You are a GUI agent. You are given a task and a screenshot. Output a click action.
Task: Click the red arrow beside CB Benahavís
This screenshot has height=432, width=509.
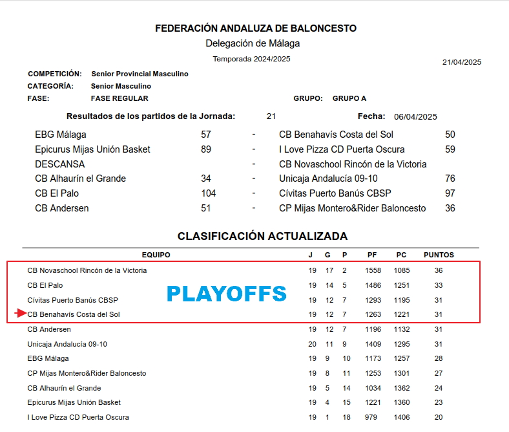pyautogui.click(x=20, y=314)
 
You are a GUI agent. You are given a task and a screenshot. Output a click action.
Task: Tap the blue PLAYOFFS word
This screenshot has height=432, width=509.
pyautogui.click(x=226, y=294)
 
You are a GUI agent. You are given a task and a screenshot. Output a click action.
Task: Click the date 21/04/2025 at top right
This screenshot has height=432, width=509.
pyautogui.click(x=461, y=63)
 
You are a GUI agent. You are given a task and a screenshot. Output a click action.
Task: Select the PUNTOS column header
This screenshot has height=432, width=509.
pyautogui.click(x=439, y=255)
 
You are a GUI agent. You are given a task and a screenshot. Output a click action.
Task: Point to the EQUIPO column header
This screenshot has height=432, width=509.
pyautogui.click(x=156, y=255)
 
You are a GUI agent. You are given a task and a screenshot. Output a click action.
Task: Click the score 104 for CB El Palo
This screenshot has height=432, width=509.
pyautogui.click(x=208, y=193)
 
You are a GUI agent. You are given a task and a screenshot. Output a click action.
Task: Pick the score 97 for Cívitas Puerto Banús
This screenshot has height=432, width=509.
pyautogui.click(x=450, y=193)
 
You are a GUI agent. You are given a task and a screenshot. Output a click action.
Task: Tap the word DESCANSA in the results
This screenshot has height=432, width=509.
pyautogui.click(x=59, y=164)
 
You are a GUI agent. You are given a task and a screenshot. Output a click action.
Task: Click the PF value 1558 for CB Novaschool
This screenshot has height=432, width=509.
pyautogui.click(x=373, y=270)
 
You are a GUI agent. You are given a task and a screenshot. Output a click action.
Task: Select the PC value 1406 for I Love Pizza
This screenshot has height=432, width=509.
pyautogui.click(x=402, y=417)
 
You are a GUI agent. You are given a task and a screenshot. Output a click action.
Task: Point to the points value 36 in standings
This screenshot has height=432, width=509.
pyautogui.click(x=439, y=270)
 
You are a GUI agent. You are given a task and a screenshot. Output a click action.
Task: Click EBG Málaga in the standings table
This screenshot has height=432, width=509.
pyautogui.click(x=48, y=358)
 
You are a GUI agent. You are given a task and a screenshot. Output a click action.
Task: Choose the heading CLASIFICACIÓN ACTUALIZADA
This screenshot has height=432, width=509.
pyautogui.click(x=262, y=236)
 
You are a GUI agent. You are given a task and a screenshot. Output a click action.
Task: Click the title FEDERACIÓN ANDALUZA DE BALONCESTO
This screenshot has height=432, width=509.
pyautogui.click(x=256, y=28)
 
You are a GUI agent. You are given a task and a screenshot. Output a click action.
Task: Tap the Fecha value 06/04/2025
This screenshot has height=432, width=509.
pyautogui.click(x=415, y=117)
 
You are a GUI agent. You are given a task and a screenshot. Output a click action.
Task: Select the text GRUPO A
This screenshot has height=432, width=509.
pyautogui.click(x=349, y=98)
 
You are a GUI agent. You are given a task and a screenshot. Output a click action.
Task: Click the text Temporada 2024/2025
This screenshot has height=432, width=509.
pyautogui.click(x=251, y=59)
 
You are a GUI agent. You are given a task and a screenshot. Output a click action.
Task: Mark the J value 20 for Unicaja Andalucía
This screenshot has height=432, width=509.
pyautogui.click(x=313, y=344)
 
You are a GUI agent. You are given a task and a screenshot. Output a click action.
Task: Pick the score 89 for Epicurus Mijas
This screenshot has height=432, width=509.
pyautogui.click(x=206, y=149)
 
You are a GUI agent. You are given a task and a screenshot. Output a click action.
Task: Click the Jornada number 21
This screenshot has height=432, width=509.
pyautogui.click(x=271, y=116)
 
